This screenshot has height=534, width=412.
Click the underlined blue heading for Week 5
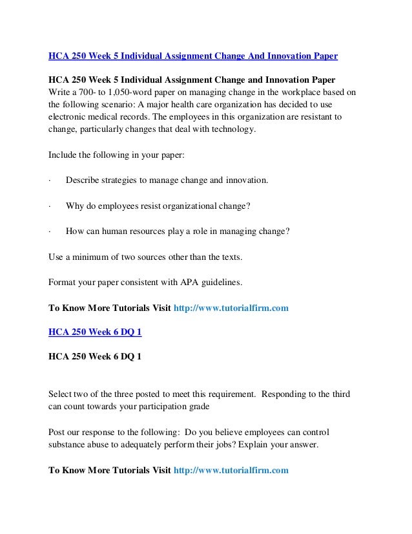tap(193, 56)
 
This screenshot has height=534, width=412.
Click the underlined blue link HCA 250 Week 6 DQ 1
tap(96, 332)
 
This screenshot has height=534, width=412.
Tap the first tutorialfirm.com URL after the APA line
tap(232, 308)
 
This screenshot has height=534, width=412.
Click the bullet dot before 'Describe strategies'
tap(50, 179)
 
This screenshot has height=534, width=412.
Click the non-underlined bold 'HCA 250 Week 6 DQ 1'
tap(96, 357)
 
